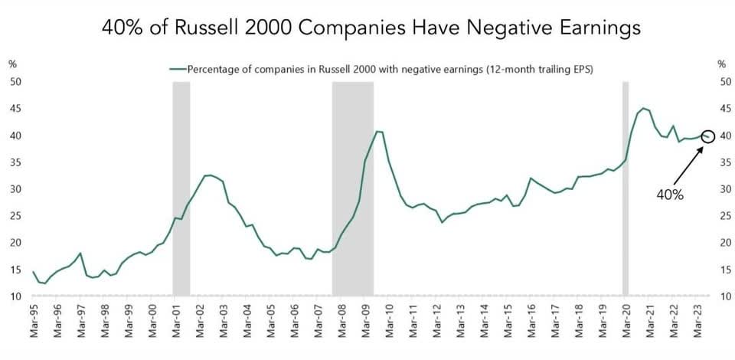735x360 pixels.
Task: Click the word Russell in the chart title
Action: click(220, 28)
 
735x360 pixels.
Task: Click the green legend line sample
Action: click(178, 69)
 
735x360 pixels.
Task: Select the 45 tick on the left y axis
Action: click(15, 109)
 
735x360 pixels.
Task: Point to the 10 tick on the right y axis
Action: click(720, 296)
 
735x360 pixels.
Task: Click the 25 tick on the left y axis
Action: click(15, 216)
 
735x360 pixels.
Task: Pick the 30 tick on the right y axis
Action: click(720, 189)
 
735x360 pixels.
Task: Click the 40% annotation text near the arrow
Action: click(669, 195)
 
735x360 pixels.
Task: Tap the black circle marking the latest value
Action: click(708, 136)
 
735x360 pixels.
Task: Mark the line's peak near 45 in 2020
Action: click(643, 108)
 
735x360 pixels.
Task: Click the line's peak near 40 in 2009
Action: click(377, 132)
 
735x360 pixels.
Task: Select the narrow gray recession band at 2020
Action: click(626, 188)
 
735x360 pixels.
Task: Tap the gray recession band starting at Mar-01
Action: click(181, 188)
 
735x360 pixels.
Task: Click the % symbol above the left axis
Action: click(12, 64)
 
